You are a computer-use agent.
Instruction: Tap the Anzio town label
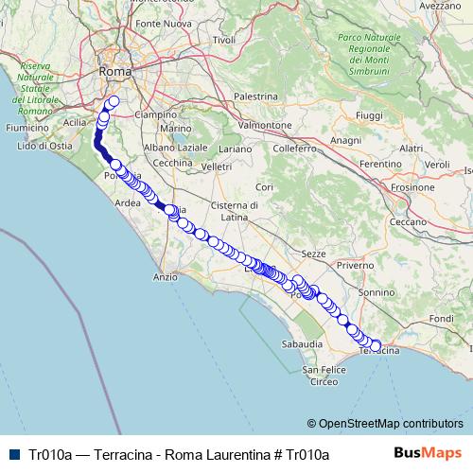[166, 277]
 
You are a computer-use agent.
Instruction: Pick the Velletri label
[216, 166]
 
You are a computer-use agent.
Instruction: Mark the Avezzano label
[438, 5]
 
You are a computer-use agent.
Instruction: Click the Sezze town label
[313, 254]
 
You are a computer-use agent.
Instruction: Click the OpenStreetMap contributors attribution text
[391, 423]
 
